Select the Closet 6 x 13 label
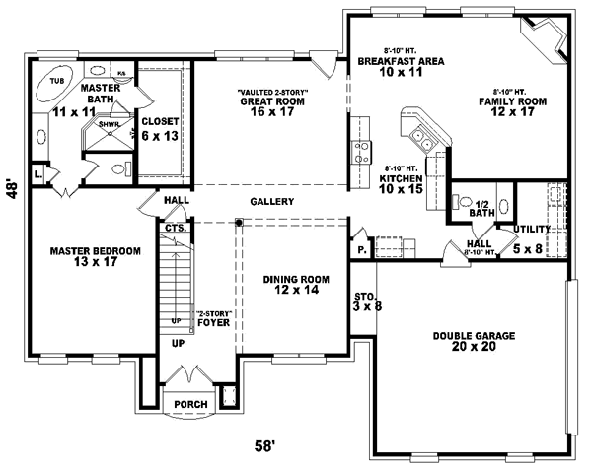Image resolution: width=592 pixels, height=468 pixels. pos(159,128)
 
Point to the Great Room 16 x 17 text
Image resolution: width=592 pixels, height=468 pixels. pos(272,105)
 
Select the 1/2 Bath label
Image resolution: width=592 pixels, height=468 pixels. pos(481,207)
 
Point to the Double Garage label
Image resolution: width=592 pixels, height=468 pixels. pos(473,342)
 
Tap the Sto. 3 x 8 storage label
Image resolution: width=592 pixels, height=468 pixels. pos(365,301)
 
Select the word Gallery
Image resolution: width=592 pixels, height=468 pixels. pos(271,202)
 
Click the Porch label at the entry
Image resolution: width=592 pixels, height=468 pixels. pos(189,405)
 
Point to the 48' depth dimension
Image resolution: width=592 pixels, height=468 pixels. pos(13,187)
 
